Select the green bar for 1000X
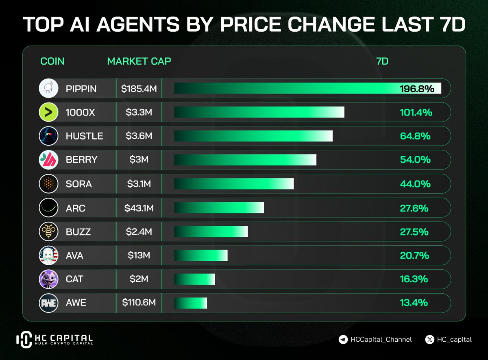point(259,113)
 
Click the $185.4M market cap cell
point(139,89)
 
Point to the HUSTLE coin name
point(84,136)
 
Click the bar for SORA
point(234,184)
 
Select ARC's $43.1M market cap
point(139,208)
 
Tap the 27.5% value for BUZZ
point(414,232)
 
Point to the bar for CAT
point(194,279)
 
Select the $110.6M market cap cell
point(139,303)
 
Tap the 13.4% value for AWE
point(414,303)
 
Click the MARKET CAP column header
point(139,61)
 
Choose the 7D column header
point(382,61)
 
